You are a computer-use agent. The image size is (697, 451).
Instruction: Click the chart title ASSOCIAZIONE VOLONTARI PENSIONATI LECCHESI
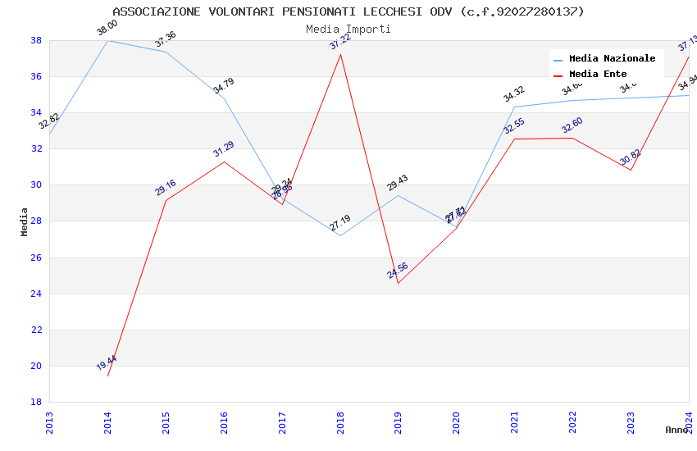[x=348, y=11]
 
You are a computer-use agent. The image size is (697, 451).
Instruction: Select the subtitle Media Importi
[x=348, y=29]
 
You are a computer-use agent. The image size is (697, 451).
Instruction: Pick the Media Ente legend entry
[x=598, y=75]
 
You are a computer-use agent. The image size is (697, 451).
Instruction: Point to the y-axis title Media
[x=25, y=221]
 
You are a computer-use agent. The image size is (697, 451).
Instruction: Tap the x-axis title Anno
[x=676, y=430]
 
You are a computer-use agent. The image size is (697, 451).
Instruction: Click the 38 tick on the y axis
[x=36, y=40]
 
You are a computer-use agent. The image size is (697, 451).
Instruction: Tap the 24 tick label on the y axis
[x=36, y=294]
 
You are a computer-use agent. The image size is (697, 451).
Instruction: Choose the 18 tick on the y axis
[x=36, y=402]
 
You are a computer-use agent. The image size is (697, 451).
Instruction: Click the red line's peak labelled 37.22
[x=340, y=54]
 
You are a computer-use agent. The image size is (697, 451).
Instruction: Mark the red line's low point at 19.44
[x=108, y=376]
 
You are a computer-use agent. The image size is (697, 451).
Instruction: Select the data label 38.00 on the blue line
[x=107, y=29]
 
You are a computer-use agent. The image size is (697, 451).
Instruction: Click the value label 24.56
[x=399, y=271]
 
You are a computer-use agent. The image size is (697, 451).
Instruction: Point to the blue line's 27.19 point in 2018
[x=340, y=235]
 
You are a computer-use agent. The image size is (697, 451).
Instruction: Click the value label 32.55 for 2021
[x=514, y=126]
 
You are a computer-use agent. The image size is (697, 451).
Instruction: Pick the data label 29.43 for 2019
[x=398, y=183]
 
